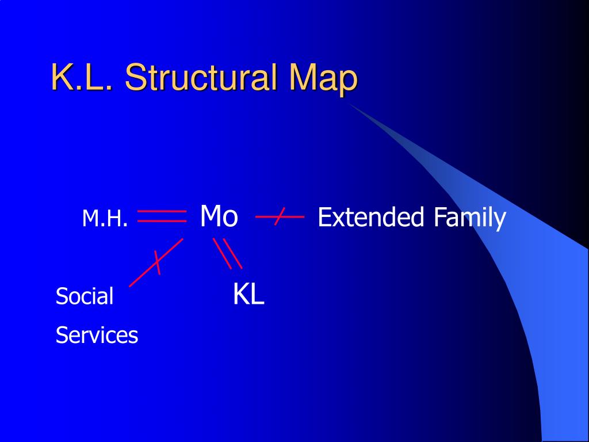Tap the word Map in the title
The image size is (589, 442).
point(323,78)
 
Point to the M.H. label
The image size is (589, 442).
point(104,219)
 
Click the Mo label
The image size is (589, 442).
point(219,217)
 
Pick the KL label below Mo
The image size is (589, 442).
point(248,295)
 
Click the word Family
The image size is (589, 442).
point(470,218)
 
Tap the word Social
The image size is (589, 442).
point(85,296)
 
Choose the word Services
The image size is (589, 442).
point(97,335)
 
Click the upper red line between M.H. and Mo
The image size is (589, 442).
point(162,212)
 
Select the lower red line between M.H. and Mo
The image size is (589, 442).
point(162,220)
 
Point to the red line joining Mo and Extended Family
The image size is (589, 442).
point(293,217)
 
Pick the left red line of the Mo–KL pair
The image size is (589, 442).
point(222,254)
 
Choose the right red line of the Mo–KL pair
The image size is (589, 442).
point(232,254)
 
